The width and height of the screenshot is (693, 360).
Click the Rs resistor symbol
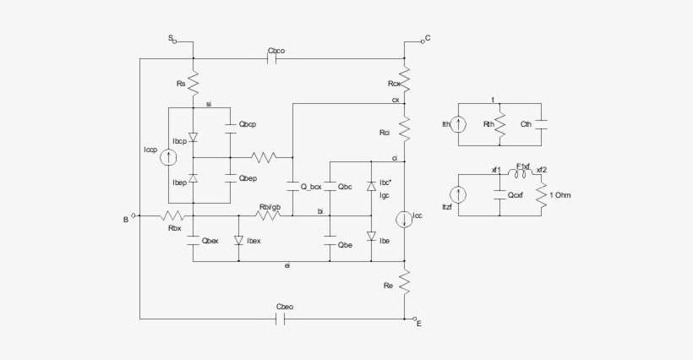pos(193,83)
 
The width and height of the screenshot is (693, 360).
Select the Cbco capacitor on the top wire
pos(274,58)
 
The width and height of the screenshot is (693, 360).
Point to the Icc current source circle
pos(406,220)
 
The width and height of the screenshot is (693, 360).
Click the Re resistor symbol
pos(406,281)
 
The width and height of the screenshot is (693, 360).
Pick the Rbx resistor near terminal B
pos(175,215)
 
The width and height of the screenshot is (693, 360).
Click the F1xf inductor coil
pos(523,172)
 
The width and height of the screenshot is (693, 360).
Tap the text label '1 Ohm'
pos(565,196)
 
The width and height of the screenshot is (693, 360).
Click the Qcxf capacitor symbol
pos(499,194)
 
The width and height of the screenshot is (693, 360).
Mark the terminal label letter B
pos(125,220)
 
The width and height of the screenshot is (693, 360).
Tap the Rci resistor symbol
pos(406,129)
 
